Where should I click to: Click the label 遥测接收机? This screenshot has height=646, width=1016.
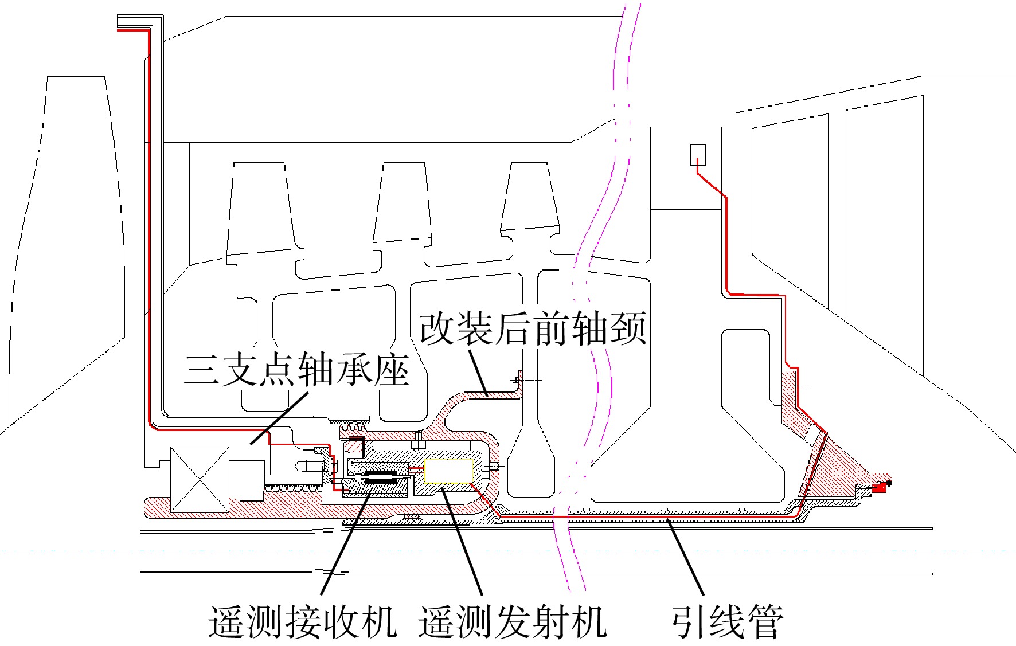(302, 621)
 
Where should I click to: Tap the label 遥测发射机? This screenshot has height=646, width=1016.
(513, 621)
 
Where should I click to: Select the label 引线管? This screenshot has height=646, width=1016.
(728, 621)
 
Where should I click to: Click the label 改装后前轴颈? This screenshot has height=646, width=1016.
(533, 328)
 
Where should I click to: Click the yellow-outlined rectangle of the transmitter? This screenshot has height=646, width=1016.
(448, 471)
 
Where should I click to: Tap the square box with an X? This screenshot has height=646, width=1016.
(200, 480)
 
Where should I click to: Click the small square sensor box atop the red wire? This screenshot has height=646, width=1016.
(698, 155)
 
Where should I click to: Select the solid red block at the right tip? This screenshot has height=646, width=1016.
(879, 488)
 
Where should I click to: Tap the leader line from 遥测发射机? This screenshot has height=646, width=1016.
(462, 541)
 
